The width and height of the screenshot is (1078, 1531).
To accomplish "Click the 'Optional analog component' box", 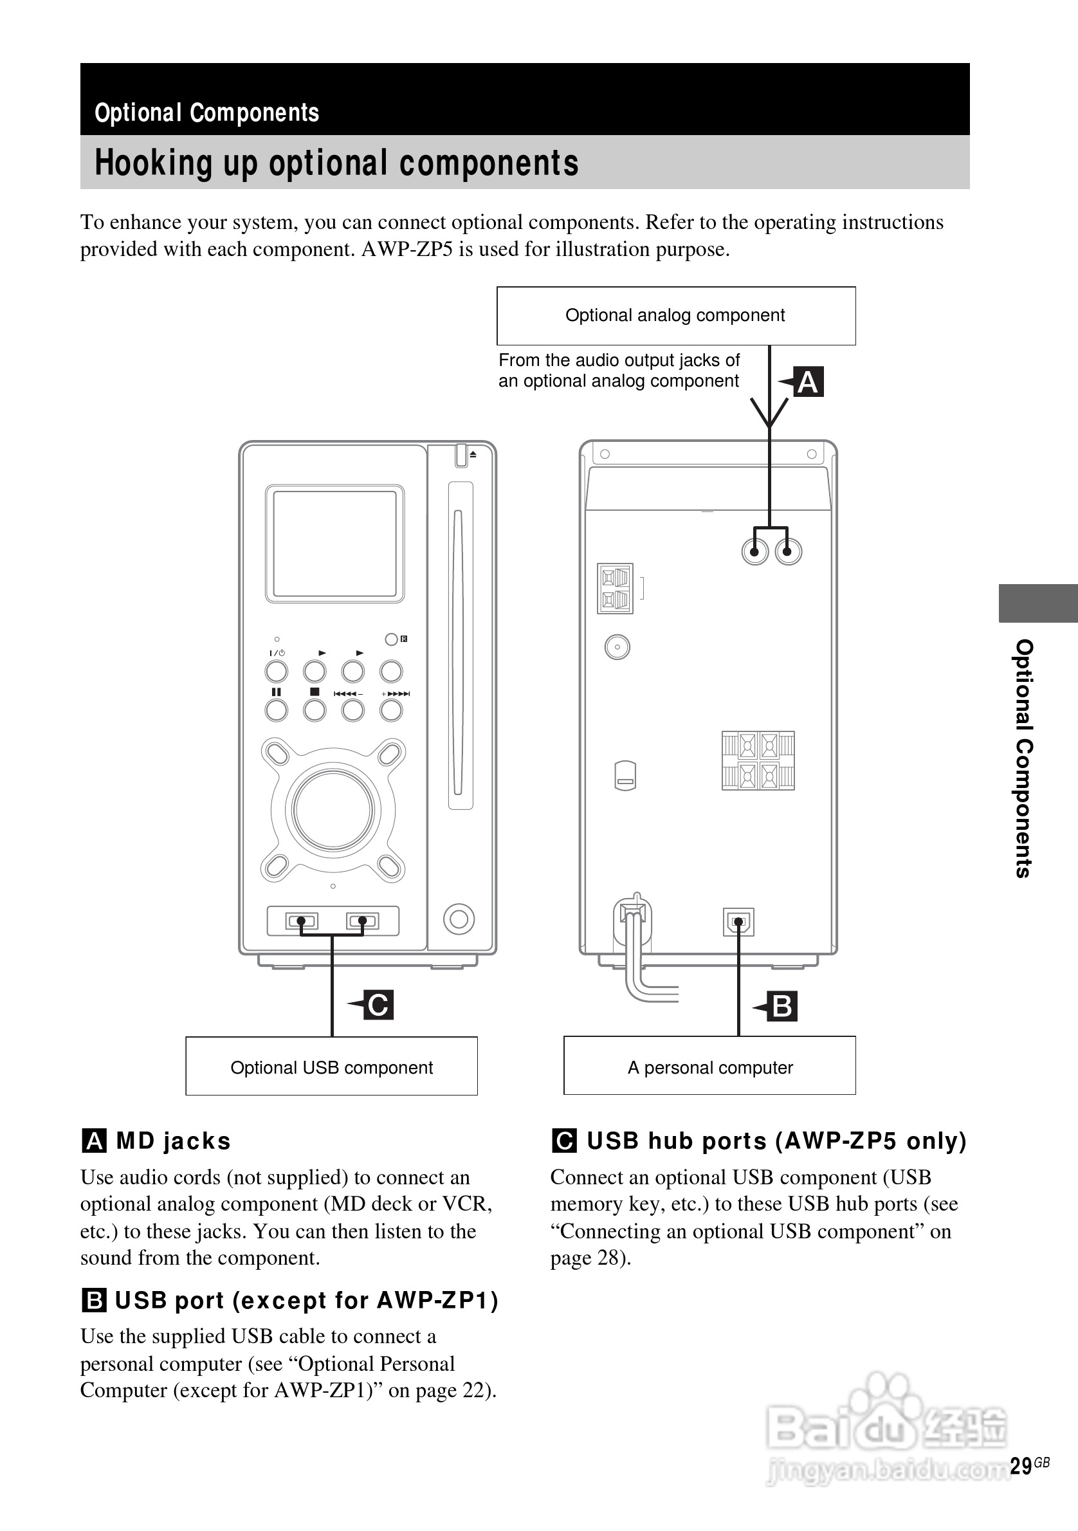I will point(675,315).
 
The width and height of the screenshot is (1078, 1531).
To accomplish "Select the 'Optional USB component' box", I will point(331,1067).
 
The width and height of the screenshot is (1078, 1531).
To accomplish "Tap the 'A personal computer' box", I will point(709,1067).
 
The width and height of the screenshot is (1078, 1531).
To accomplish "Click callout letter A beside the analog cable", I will point(808,382).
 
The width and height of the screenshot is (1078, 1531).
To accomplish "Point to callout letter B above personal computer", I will point(782,1006).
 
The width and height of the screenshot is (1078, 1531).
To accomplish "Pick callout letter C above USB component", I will point(378,1005).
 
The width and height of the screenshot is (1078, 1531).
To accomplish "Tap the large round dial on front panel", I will point(333,809).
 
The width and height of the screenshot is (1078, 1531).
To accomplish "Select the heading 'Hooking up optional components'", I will point(336,163).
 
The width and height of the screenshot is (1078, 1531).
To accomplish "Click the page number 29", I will point(1021,1465).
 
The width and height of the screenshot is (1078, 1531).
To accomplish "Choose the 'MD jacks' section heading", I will point(173,1141).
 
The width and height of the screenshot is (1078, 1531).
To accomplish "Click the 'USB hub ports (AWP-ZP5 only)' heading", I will point(776,1141).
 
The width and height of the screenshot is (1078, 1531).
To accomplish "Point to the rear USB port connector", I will point(738,923).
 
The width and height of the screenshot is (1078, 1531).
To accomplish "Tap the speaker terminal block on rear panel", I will point(758,760).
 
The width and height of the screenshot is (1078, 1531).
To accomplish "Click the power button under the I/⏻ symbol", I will point(277,671).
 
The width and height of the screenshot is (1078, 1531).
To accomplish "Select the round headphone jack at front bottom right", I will point(459,919).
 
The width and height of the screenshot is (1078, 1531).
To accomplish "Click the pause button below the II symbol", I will point(277,710).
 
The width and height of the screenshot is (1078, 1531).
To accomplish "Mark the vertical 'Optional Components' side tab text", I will point(1023,758).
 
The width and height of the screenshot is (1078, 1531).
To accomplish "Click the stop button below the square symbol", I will point(315,710).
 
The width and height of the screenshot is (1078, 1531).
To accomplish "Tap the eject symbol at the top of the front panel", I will point(473,454).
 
